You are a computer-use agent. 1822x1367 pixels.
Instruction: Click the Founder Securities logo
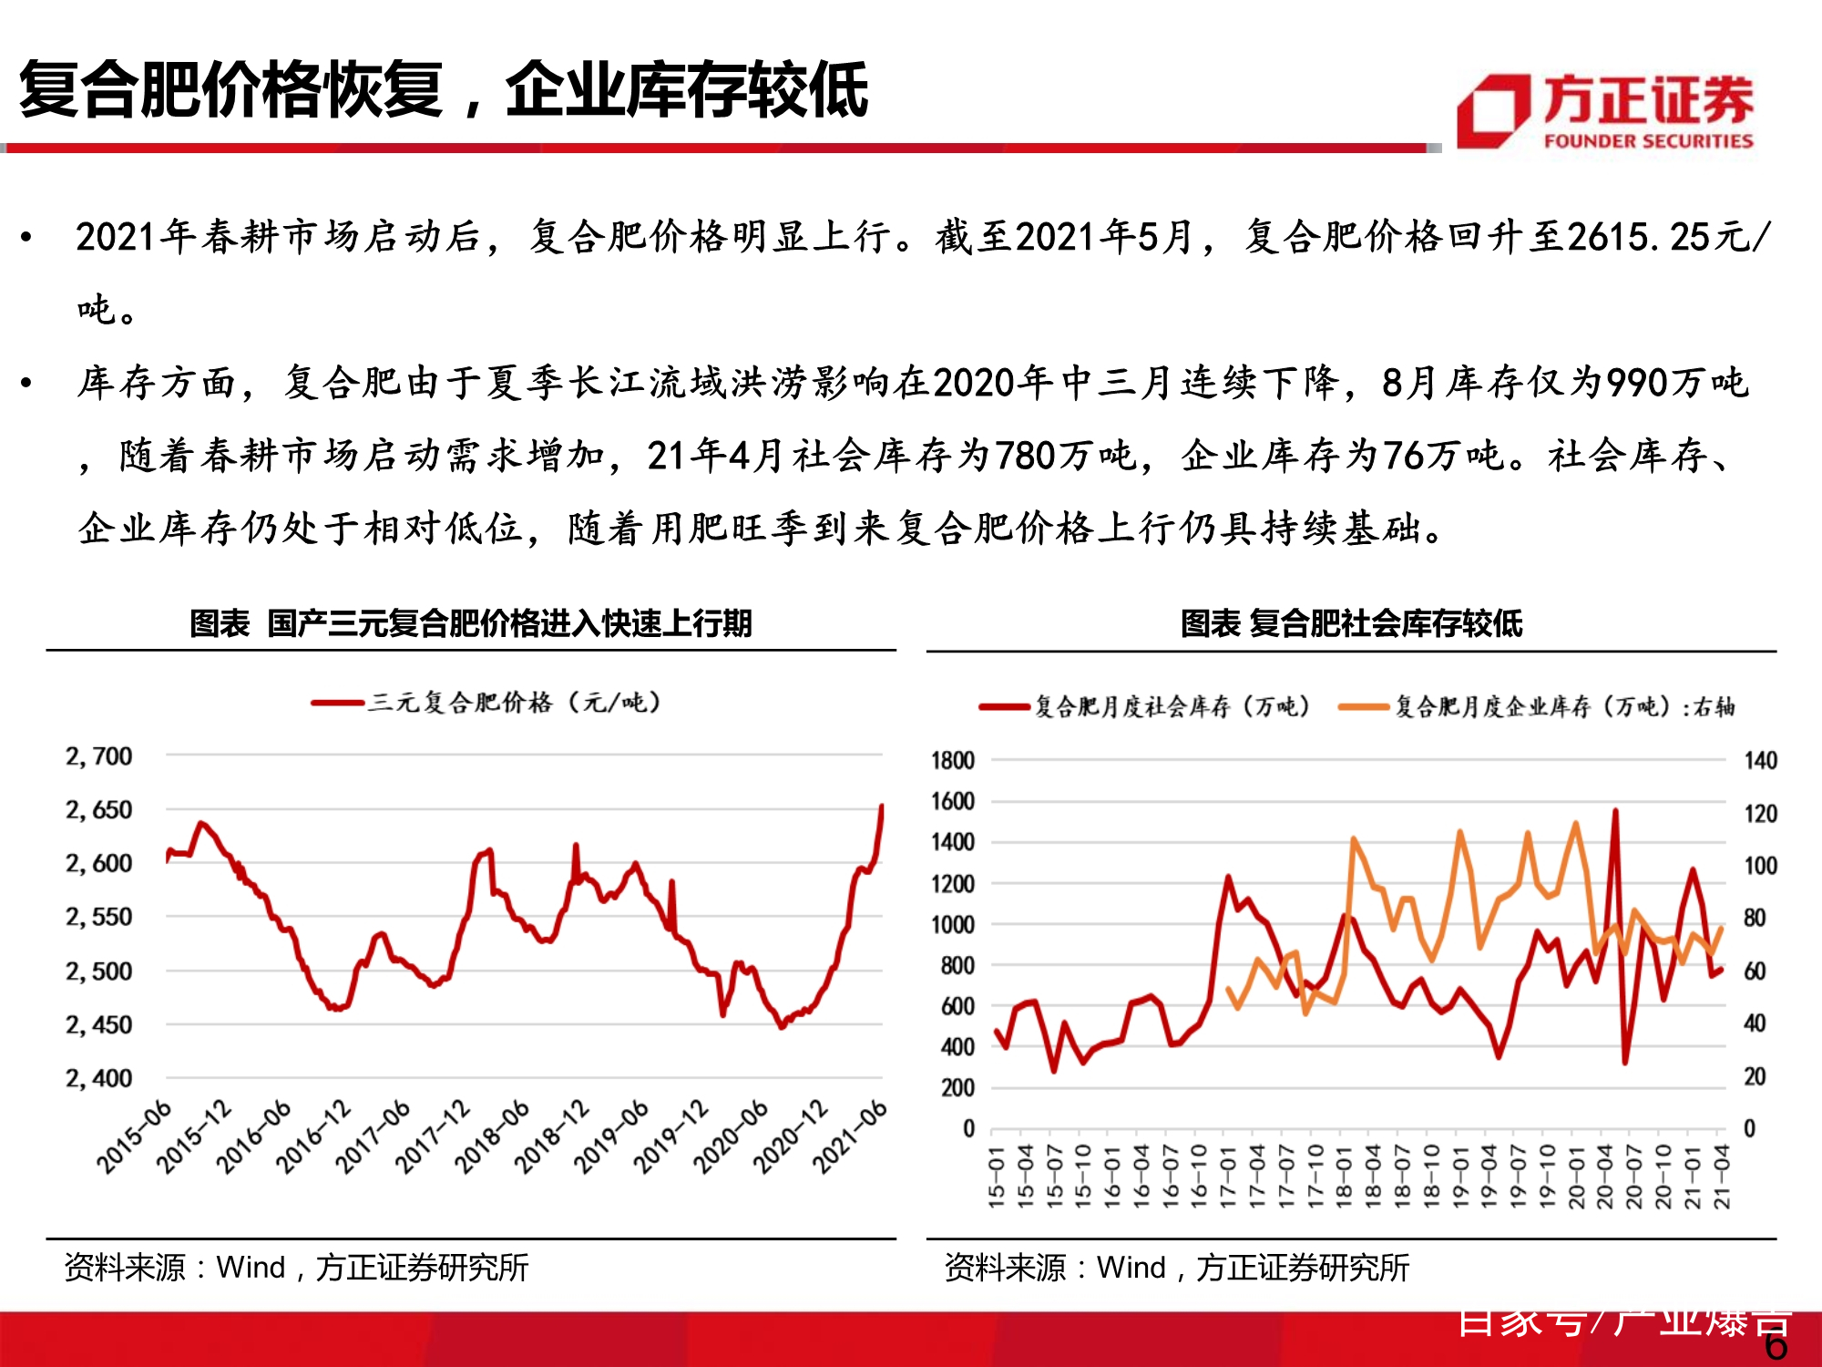pyautogui.click(x=1604, y=111)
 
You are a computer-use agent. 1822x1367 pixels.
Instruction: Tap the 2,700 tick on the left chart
pyautogui.click(x=98, y=756)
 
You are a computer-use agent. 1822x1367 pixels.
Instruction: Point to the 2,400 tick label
pyautogui.click(x=98, y=1079)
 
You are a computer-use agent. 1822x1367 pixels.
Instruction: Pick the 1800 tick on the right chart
pyautogui.click(x=952, y=760)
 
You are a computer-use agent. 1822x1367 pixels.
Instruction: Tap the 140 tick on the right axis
pyautogui.click(x=1760, y=760)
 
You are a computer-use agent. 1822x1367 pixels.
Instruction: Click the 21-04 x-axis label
pyautogui.click(x=1721, y=1177)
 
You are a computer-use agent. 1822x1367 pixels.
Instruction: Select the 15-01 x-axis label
pyautogui.click(x=997, y=1177)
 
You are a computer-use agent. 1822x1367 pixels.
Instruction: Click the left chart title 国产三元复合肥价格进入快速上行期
pyautogui.click(x=470, y=623)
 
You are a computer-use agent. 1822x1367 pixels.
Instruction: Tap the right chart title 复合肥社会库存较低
pyautogui.click(x=1351, y=623)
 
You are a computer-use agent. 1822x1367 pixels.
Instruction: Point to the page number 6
pyautogui.click(x=1776, y=1346)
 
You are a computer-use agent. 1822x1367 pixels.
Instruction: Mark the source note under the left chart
pyautogui.click(x=296, y=1267)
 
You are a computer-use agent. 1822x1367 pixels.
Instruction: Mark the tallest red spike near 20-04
pyautogui.click(x=1615, y=810)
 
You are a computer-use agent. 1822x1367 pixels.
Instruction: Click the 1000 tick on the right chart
pyautogui.click(x=952, y=924)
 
